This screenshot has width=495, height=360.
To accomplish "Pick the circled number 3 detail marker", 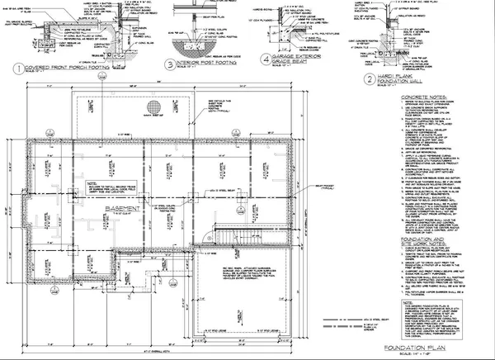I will pyautogui.click(x=169, y=64).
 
